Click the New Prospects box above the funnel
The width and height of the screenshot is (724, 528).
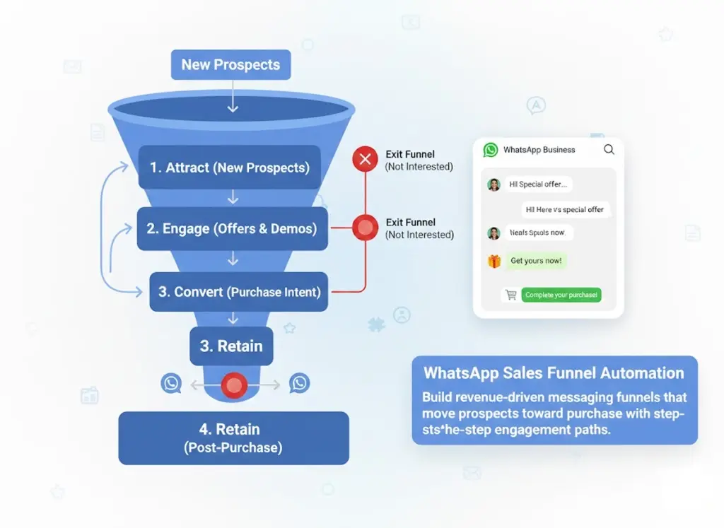point(230,65)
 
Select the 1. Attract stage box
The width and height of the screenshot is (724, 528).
point(229,168)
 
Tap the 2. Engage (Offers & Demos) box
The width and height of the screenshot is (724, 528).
point(232,229)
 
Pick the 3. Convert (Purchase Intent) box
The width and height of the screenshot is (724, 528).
point(239,292)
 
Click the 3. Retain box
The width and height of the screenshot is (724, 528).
point(231,346)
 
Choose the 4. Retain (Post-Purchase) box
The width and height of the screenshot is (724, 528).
point(233,438)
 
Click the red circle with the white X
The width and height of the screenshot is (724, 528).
point(366,160)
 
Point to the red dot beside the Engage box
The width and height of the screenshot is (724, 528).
point(366,228)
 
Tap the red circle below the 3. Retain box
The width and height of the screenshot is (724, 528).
point(233,385)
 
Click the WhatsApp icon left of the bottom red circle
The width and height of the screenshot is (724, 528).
point(171,384)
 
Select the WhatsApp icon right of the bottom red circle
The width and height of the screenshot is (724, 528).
point(300,384)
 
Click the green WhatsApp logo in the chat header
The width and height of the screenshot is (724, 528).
point(491,150)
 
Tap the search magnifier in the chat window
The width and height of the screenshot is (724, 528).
point(609,150)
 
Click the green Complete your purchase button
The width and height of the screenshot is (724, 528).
point(561,295)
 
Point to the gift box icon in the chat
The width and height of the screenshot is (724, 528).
point(494,261)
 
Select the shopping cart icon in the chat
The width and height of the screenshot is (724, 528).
point(510,295)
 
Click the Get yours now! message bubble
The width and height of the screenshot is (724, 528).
point(536,261)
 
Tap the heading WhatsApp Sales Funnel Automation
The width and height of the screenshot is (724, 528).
point(554,373)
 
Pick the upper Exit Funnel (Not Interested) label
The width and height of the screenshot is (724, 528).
point(419,160)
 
